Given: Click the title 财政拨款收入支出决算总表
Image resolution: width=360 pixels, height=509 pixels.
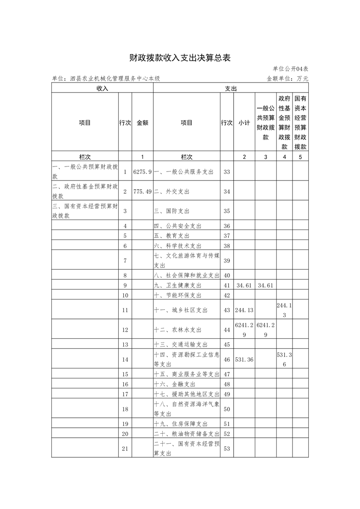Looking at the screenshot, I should pyautogui.click(x=180, y=58).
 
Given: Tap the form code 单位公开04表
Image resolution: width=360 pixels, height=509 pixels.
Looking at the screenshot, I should pyautogui.click(x=291, y=69).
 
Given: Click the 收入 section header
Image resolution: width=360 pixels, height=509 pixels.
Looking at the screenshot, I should pyautogui.click(x=102, y=88).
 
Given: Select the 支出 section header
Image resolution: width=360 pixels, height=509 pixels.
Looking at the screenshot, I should pyautogui.click(x=231, y=88).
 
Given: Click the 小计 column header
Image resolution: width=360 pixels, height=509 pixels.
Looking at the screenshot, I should pyautogui.click(x=244, y=122).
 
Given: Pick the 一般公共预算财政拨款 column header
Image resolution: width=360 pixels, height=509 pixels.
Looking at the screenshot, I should pyautogui.click(x=266, y=122).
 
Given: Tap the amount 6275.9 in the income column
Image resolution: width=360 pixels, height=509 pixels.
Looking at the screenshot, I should pyautogui.click(x=142, y=172).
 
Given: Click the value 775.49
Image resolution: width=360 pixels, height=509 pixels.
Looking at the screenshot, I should pyautogui.click(x=142, y=191).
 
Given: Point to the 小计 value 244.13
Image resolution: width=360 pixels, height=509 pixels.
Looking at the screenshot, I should pyautogui.click(x=244, y=310).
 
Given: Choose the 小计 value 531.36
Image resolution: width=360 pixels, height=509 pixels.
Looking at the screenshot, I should pyautogui.click(x=244, y=359).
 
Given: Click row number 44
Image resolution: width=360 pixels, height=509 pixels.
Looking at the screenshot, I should pyautogui.click(x=227, y=330).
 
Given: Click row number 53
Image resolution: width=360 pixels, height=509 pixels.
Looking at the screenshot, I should pyautogui.click(x=227, y=449).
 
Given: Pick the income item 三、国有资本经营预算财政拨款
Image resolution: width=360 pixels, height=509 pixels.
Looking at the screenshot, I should pyautogui.click(x=85, y=211).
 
